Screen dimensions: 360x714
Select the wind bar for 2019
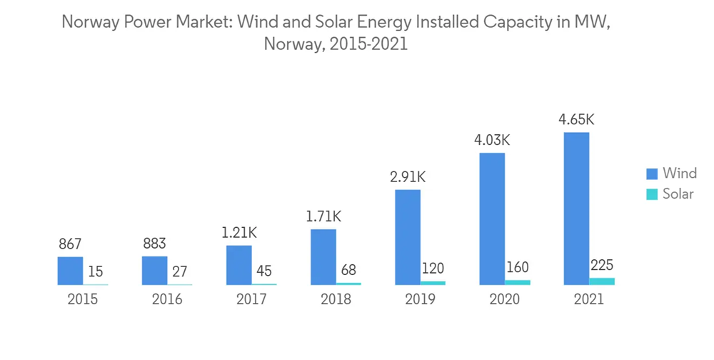(408, 236)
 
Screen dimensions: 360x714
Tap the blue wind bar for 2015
(71, 271)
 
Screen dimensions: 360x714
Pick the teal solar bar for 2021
(602, 281)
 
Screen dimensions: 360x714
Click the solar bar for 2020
(518, 282)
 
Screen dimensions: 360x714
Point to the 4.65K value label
(576, 119)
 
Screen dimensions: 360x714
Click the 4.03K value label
(492, 141)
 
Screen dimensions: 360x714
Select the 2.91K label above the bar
(408, 177)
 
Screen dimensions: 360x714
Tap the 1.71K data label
(323, 216)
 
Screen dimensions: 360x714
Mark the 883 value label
(155, 244)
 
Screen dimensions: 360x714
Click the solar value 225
(602, 266)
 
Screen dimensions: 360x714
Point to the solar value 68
(349, 271)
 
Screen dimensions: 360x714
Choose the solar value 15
(96, 272)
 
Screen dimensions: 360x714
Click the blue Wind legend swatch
(651, 174)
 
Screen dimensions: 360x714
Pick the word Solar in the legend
(678, 194)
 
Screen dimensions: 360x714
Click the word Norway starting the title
(88, 22)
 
